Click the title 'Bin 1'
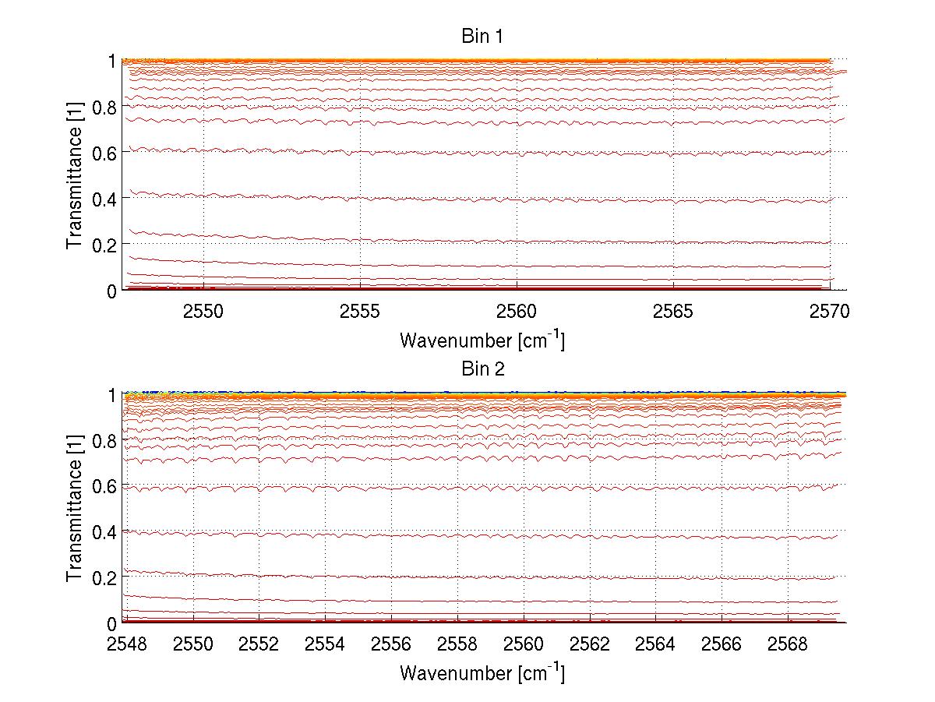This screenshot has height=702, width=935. click(x=483, y=36)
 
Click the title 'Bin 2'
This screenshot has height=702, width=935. click(x=483, y=369)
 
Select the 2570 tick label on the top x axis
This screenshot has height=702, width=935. click(x=830, y=312)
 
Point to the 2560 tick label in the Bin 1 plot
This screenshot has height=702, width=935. click(x=517, y=312)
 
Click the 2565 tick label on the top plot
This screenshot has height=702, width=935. click(x=673, y=312)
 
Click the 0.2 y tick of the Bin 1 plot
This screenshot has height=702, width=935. click(x=106, y=244)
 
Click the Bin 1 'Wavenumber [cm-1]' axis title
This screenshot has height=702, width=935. click(x=482, y=340)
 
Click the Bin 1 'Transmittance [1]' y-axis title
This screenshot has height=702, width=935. click(x=75, y=175)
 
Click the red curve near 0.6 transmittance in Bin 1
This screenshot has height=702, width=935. click(x=436, y=151)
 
